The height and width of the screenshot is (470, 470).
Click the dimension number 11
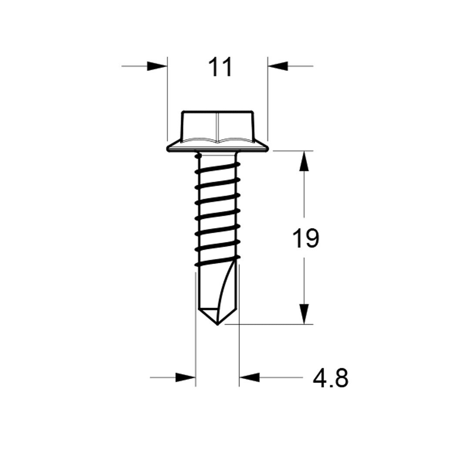pos(221,67)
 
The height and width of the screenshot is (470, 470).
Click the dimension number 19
pos(306,238)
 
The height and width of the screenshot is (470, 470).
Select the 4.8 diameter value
pos(331,378)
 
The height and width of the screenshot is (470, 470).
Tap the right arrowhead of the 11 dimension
pos(278,66)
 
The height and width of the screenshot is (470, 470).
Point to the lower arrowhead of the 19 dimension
pos(304,313)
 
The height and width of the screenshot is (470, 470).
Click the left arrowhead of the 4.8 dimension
pos(185,377)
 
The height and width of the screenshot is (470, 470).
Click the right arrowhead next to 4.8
pos(249,377)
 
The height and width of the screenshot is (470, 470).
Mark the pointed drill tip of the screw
pos(217,323)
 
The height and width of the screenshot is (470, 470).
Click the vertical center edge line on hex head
pos(217,126)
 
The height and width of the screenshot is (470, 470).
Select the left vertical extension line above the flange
pos(167,100)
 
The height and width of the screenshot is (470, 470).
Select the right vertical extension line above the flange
pos(268,100)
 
